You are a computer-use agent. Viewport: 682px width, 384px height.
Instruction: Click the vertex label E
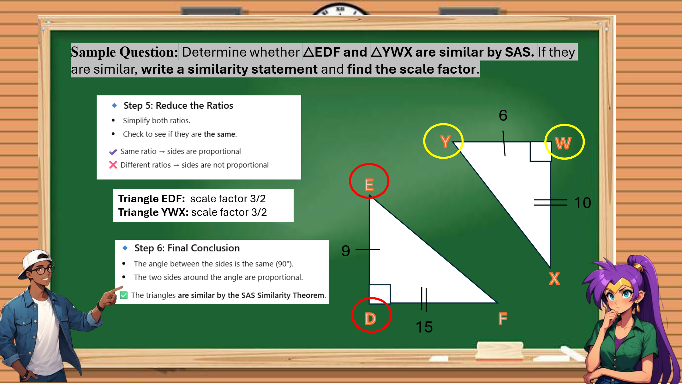(x=369, y=185)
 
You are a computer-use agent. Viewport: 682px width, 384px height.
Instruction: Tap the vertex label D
(x=370, y=319)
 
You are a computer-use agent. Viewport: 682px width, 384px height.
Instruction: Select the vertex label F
(x=503, y=318)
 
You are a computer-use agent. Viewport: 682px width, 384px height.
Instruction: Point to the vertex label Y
(x=445, y=141)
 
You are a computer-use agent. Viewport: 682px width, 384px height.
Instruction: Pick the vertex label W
(x=563, y=143)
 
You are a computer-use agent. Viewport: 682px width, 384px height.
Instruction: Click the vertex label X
(x=554, y=279)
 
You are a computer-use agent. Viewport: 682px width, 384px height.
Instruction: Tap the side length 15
(x=424, y=327)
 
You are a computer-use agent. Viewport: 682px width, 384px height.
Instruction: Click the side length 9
(x=346, y=251)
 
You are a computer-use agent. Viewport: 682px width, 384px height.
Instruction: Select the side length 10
(x=583, y=203)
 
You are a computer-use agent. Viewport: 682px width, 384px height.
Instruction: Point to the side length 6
(x=503, y=115)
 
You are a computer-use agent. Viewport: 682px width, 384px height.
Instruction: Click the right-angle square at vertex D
(x=380, y=294)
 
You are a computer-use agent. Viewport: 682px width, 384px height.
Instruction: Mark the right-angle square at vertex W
(x=541, y=152)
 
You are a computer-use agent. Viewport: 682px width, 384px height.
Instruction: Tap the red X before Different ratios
(x=113, y=165)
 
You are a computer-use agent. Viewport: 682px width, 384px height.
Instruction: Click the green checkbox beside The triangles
(x=124, y=295)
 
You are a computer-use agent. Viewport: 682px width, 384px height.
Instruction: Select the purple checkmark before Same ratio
(x=113, y=152)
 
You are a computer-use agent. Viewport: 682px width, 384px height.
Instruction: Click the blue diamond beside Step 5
(x=114, y=105)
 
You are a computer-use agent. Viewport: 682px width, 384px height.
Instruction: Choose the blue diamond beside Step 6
(x=125, y=248)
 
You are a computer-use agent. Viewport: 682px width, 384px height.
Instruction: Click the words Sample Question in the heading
(x=124, y=52)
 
